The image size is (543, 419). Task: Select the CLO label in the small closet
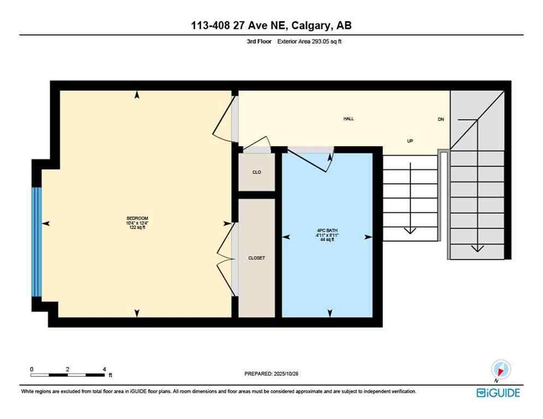(256, 172)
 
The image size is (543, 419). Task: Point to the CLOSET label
(256, 258)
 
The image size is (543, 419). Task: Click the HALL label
(349, 118)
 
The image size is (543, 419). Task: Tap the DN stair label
(441, 119)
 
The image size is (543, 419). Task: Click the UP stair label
(410, 141)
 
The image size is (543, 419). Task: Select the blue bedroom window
(37, 242)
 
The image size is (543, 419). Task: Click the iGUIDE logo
(498, 392)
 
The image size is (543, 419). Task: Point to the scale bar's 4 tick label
(104, 369)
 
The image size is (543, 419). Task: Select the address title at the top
(271, 26)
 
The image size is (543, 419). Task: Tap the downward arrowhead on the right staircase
(477, 248)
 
